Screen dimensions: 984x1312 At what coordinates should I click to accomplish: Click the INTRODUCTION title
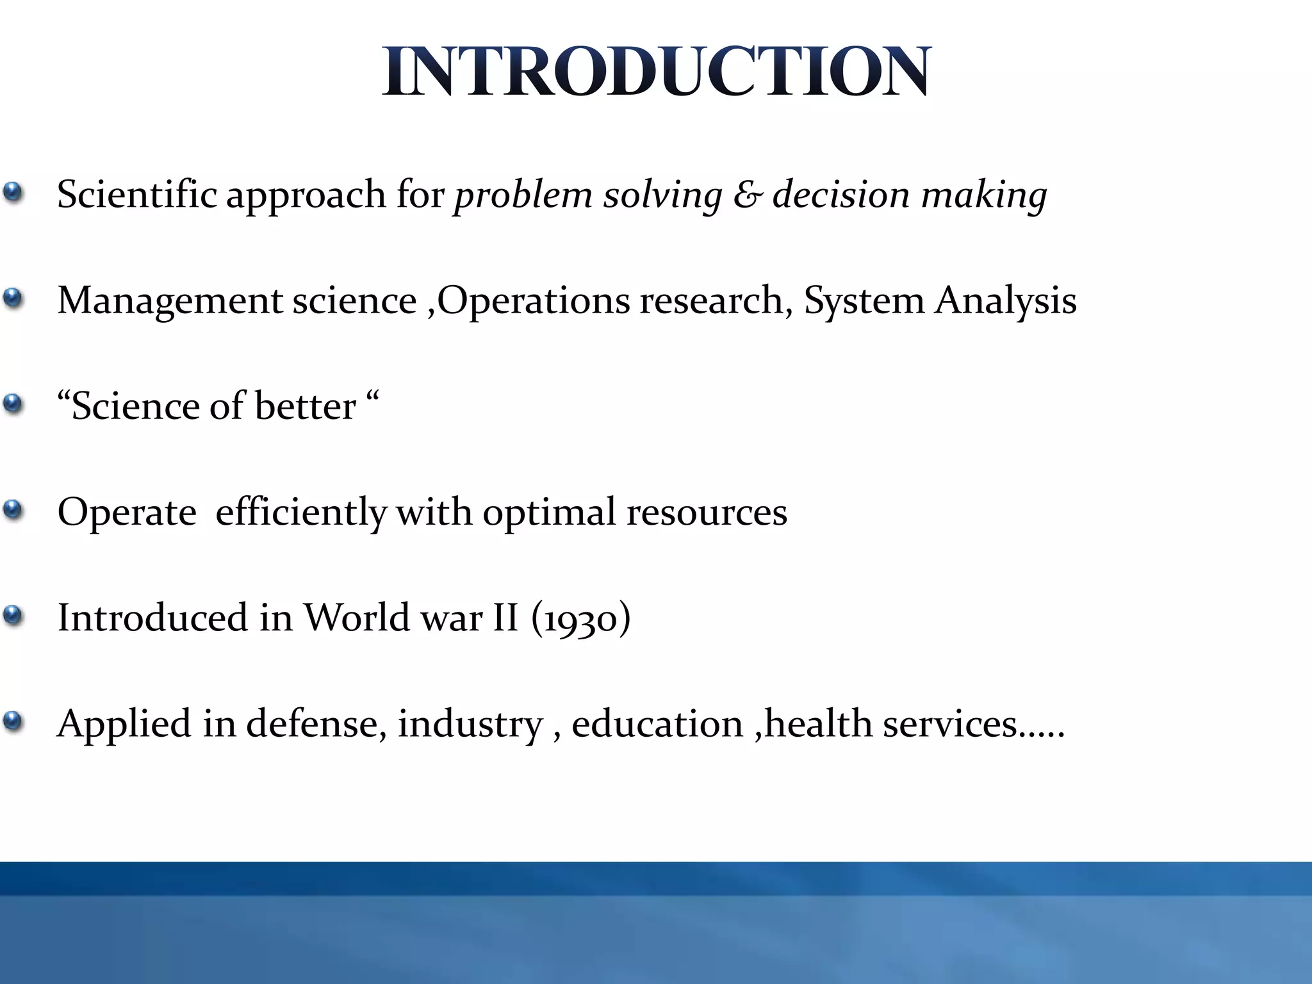pyautogui.click(x=656, y=71)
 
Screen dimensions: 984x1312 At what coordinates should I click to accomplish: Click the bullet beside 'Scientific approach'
pyautogui.click(x=13, y=193)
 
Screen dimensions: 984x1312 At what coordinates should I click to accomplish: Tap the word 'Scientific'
pyautogui.click(x=136, y=194)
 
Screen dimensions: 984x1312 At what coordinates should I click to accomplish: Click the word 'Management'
pyautogui.click(x=170, y=301)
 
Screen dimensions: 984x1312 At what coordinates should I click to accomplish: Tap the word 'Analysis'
pyautogui.click(x=1005, y=301)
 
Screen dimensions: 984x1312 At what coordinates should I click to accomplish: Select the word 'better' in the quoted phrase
pyautogui.click(x=305, y=406)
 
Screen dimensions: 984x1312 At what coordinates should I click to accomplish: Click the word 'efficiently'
pyautogui.click(x=300, y=512)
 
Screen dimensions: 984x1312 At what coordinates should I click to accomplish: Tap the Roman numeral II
pyautogui.click(x=505, y=618)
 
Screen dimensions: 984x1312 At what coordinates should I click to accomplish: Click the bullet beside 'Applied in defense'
pyautogui.click(x=13, y=722)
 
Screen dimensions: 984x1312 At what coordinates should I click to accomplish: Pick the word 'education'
pyautogui.click(x=657, y=724)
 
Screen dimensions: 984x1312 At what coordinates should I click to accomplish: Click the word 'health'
pyautogui.click(x=818, y=724)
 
